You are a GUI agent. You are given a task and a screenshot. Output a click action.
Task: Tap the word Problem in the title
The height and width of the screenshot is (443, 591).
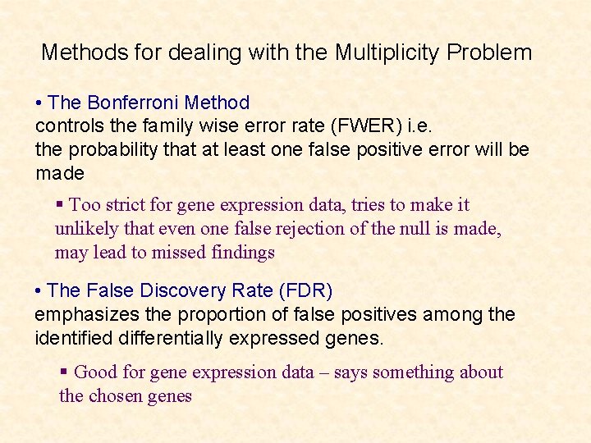490,53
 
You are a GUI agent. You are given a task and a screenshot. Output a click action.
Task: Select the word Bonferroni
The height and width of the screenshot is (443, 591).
133,103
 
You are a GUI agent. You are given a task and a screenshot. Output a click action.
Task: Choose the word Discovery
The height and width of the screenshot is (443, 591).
185,291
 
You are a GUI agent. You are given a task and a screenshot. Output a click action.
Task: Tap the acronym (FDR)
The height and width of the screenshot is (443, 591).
305,291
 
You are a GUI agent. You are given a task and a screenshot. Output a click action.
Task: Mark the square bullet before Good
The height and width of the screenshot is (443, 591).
64,372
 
